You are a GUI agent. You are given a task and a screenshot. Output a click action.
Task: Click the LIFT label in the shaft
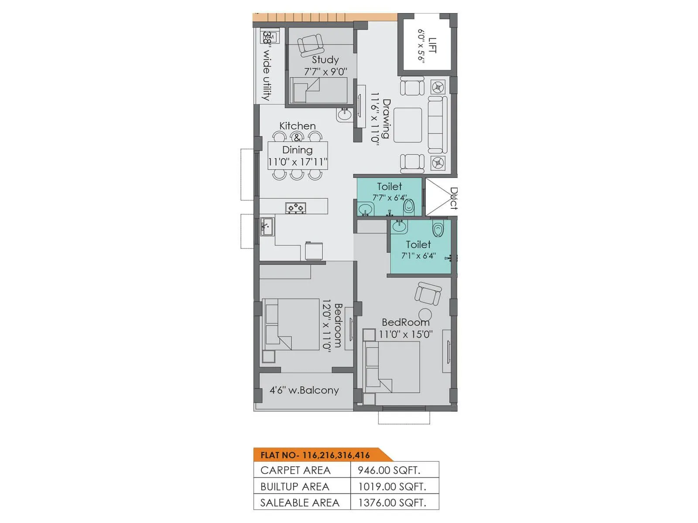[x=432, y=45]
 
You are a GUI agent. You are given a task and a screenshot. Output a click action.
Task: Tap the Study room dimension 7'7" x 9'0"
[x=325, y=71]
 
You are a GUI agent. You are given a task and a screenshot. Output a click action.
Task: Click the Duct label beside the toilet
[x=454, y=198]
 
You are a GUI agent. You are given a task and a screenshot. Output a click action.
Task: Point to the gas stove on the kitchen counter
[x=296, y=208]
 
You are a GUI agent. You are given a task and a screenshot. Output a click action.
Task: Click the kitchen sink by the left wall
[x=266, y=227]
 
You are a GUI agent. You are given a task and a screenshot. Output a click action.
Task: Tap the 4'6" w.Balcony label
[x=304, y=390]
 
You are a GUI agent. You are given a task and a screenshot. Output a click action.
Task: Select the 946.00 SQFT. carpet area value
[x=389, y=470]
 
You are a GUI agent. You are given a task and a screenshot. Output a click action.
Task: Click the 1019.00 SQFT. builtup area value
[x=392, y=486]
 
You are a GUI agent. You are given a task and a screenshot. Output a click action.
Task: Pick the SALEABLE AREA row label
[x=300, y=503]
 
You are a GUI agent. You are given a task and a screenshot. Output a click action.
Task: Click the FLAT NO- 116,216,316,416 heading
[x=315, y=455]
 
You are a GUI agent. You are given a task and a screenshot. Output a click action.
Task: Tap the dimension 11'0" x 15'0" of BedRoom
[x=406, y=334]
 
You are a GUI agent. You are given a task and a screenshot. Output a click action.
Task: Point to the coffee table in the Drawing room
[x=407, y=125]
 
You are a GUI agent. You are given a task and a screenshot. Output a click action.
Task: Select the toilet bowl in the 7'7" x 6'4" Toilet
[x=408, y=206]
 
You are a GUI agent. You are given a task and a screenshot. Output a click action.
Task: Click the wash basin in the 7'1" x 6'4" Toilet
[x=399, y=227]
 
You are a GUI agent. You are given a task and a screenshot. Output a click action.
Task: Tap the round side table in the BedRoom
[x=425, y=314]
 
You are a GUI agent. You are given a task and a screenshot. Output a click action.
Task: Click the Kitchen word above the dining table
[x=298, y=126]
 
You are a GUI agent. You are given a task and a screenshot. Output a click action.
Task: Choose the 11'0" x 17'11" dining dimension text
[x=298, y=162]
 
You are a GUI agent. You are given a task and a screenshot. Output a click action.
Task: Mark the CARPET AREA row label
[x=295, y=470]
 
